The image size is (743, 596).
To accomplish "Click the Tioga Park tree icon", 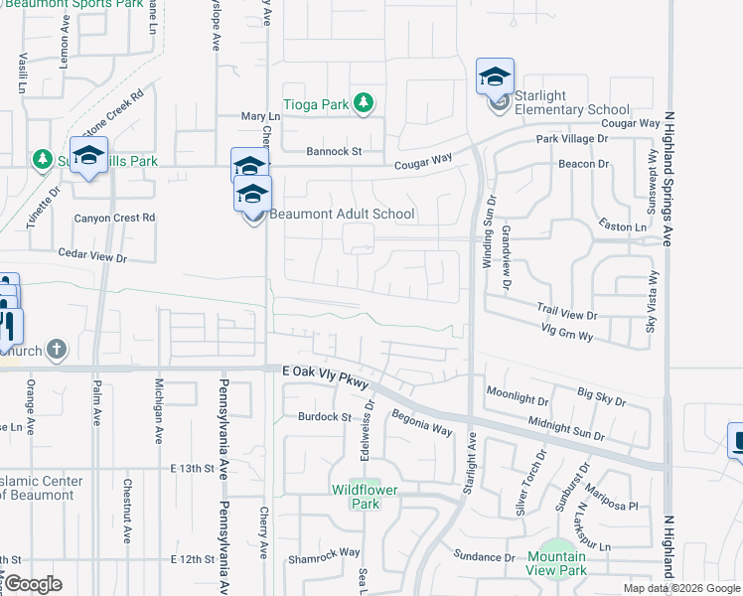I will [365, 102].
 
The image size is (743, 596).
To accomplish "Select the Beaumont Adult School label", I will [342, 214].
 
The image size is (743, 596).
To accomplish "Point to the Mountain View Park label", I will [556, 563].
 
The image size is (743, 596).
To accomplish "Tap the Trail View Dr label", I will [566, 312].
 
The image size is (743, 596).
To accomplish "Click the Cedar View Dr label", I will [93, 257].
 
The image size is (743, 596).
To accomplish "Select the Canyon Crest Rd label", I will [115, 218].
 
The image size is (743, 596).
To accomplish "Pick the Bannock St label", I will [333, 152].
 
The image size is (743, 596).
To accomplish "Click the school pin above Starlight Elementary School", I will [495, 75].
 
